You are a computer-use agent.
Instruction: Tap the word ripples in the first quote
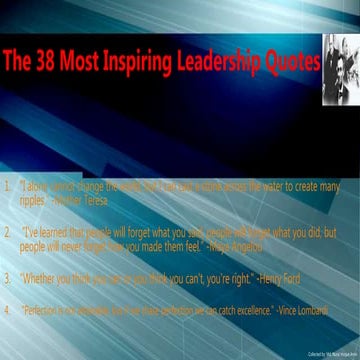pyautogui.click(x=33, y=199)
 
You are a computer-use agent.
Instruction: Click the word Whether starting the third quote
pyautogui.click(x=42, y=275)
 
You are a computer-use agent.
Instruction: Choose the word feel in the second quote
pyautogui.click(x=190, y=244)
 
